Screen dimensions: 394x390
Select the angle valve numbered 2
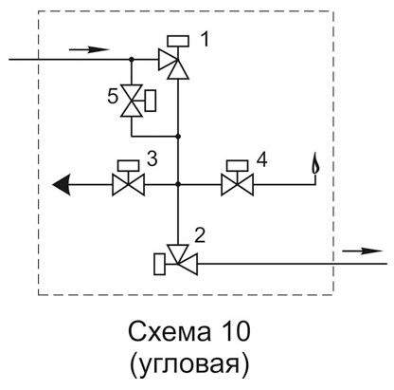(x=178, y=260)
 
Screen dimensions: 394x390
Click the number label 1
(x=205, y=40)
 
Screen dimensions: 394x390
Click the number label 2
(x=200, y=235)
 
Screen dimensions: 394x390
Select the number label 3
(x=152, y=158)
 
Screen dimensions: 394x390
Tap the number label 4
(x=261, y=159)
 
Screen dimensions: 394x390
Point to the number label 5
(x=113, y=96)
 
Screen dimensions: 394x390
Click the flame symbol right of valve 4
(x=314, y=163)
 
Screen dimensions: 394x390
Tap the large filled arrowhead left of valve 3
(x=62, y=184)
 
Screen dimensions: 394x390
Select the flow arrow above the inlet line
(x=89, y=49)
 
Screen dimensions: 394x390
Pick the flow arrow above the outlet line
(x=363, y=251)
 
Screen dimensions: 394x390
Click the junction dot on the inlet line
(x=132, y=59)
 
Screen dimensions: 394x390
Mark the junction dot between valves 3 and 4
(x=178, y=184)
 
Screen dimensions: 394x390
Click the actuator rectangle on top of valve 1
(x=178, y=41)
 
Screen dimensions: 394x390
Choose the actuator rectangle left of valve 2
(x=160, y=264)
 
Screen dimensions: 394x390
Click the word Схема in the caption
(x=170, y=332)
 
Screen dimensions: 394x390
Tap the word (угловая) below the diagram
(x=189, y=364)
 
